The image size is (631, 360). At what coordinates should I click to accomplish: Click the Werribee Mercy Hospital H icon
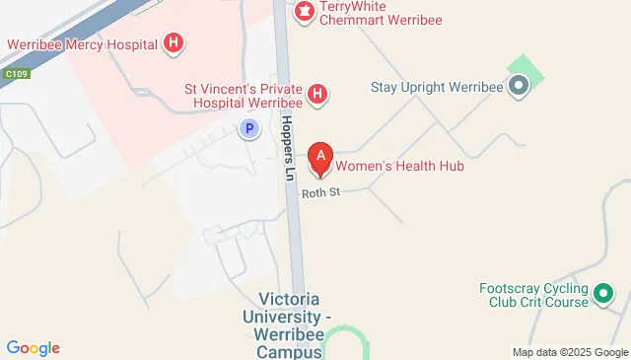[174, 43]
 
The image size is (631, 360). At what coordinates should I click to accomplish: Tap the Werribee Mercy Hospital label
[84, 44]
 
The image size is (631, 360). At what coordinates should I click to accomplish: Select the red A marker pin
[319, 158]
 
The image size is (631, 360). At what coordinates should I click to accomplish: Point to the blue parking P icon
[250, 127]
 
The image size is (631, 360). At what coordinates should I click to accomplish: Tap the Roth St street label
[320, 192]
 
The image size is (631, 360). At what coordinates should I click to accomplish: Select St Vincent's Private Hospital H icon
[317, 95]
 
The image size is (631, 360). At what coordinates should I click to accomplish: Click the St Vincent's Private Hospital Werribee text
[244, 95]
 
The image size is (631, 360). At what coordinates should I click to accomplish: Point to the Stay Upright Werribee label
[438, 87]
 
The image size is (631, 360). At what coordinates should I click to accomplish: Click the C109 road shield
[15, 73]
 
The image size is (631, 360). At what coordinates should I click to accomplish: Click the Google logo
[33, 347]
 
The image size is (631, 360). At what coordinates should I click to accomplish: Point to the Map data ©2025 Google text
[570, 352]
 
